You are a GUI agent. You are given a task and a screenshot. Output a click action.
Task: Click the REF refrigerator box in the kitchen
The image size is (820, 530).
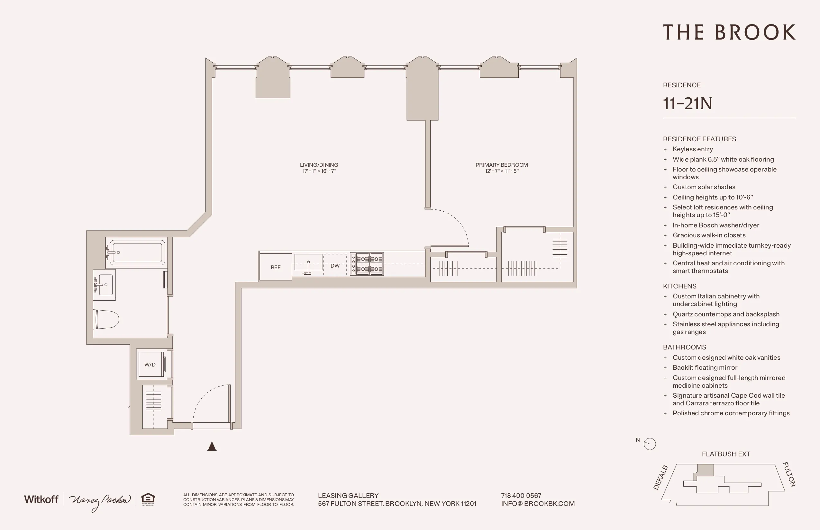point(275,267)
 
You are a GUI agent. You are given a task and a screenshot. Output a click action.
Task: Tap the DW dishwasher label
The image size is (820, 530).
point(334,266)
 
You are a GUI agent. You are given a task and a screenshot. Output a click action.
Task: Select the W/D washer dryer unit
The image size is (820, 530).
point(150,365)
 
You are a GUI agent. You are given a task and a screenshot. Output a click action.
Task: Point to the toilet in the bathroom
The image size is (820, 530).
point(106,319)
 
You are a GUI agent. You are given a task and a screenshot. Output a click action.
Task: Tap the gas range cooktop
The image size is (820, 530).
point(367,264)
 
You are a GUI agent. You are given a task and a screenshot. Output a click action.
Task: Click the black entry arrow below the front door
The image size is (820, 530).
point(212,446)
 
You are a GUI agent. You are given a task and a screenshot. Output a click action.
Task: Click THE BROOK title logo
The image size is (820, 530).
point(729,32)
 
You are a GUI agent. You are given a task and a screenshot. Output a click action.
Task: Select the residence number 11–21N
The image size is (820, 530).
point(688,103)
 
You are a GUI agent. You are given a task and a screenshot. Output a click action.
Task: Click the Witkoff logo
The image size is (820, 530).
point(41,499)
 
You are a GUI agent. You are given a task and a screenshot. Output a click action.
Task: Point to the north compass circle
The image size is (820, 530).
point(650,444)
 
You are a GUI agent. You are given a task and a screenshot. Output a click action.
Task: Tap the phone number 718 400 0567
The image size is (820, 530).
point(521,495)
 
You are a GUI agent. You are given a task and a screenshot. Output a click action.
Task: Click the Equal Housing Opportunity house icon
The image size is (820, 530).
point(148,498)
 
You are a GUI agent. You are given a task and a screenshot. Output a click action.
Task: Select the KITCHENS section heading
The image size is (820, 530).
point(679,286)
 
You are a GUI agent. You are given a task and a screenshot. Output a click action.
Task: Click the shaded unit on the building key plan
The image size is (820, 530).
point(705,470)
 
